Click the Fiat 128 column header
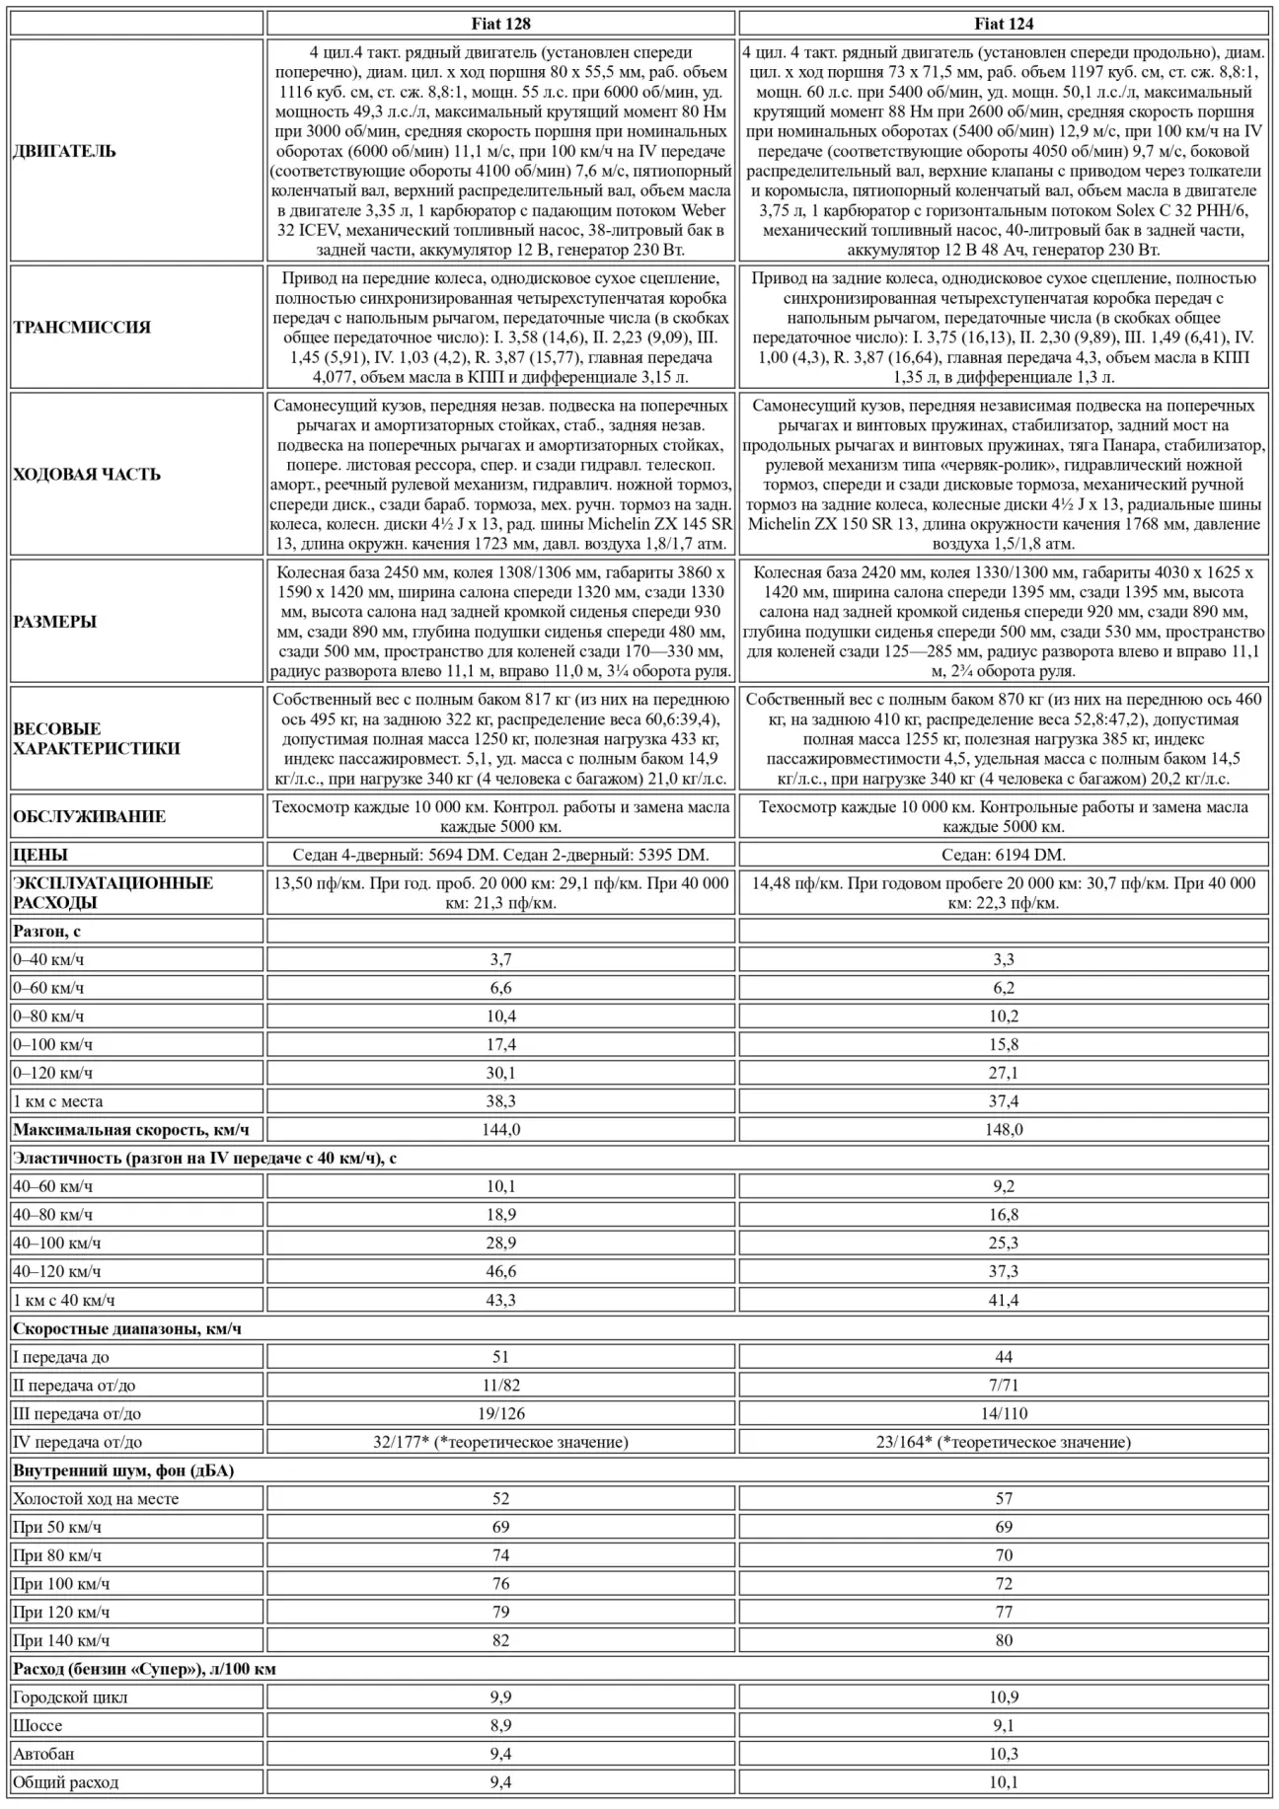[x=500, y=24]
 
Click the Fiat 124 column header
[x=1004, y=24]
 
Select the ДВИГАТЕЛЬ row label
[x=65, y=151]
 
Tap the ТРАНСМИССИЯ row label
[x=82, y=328]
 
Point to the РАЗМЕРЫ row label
[x=55, y=622]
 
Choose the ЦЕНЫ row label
[x=40, y=855]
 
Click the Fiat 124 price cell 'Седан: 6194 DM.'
[x=1004, y=855]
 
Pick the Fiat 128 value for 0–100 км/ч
[x=500, y=1044]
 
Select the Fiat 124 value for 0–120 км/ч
[x=1004, y=1073]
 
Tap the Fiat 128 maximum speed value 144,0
[x=500, y=1129]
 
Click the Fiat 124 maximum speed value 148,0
[x=1004, y=1129]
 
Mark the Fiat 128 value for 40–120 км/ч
[x=500, y=1271]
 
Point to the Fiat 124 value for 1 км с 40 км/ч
[x=1004, y=1300]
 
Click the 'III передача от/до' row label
[x=77, y=1413]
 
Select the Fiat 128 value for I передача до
[x=500, y=1357]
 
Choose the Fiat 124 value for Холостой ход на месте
[x=1004, y=1498]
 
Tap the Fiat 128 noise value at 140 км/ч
[x=500, y=1640]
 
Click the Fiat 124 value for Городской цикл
[x=1004, y=1697]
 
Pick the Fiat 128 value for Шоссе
[x=500, y=1725]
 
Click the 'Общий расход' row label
[x=65, y=1782]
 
